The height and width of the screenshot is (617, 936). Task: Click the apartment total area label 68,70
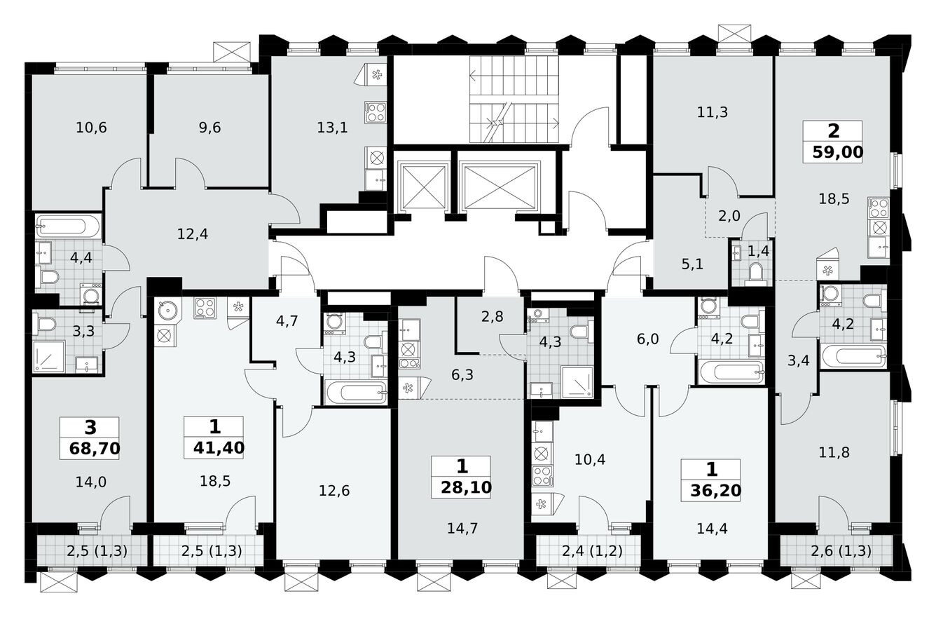tap(89, 446)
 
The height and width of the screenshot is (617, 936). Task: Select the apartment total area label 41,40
tap(214, 446)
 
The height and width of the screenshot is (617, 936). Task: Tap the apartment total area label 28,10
tap(461, 485)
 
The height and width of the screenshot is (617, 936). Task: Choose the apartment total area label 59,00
tap(832, 150)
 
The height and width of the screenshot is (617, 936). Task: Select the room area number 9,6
tap(209, 128)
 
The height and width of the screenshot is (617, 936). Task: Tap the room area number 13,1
tap(331, 128)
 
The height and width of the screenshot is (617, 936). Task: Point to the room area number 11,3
tap(713, 111)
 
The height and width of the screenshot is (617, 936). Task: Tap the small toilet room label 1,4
tap(758, 250)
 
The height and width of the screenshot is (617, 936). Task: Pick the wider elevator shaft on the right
tap(500, 187)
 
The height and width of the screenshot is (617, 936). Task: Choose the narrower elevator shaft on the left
tap(422, 187)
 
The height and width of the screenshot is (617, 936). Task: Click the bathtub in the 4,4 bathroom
tap(69, 226)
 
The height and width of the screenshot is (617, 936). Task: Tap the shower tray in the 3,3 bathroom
tap(49, 356)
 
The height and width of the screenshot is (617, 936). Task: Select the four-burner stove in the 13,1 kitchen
tap(375, 112)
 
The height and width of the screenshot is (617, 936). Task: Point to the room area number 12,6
tap(333, 490)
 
